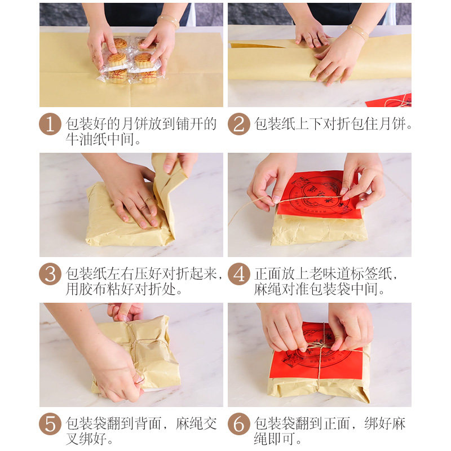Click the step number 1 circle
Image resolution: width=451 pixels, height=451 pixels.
(x=50, y=124)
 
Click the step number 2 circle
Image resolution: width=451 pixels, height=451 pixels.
(x=238, y=124)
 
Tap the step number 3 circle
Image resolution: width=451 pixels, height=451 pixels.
(x=50, y=274)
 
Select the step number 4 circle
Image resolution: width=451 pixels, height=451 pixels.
(x=238, y=274)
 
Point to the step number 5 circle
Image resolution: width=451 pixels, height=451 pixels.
(x=50, y=424)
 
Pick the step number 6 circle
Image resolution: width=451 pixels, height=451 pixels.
(x=238, y=424)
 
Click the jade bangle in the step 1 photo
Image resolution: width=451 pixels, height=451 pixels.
(x=168, y=21)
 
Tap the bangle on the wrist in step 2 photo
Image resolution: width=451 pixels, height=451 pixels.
(x=357, y=31)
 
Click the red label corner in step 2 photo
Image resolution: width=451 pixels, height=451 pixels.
(x=390, y=100)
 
